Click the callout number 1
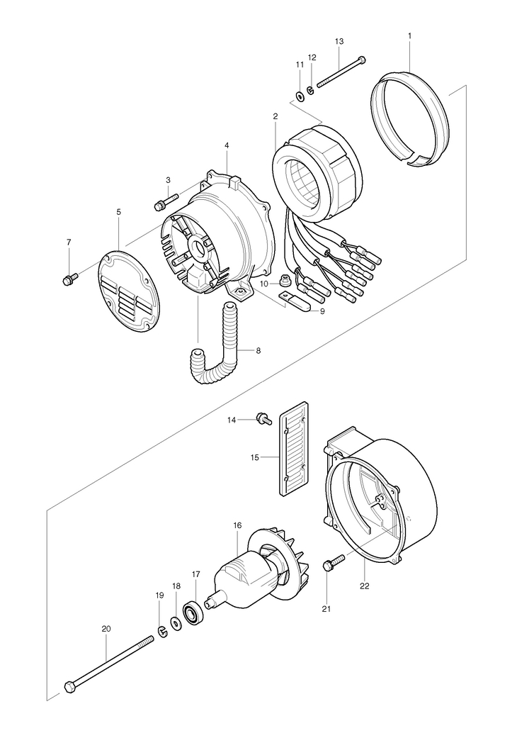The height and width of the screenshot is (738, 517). click(x=410, y=35)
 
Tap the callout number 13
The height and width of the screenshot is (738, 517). click(x=339, y=41)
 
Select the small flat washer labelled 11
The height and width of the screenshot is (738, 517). click(x=300, y=97)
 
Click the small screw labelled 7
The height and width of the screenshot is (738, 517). click(x=69, y=279)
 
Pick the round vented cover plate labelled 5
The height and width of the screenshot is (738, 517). click(x=129, y=287)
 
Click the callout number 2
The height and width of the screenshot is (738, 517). click(x=275, y=116)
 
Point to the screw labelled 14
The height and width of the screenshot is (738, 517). click(x=263, y=418)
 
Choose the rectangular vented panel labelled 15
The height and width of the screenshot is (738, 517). click(x=294, y=449)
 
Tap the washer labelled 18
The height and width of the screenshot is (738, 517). click(x=176, y=624)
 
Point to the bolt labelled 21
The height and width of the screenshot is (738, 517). click(x=334, y=563)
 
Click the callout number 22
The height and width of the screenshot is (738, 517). click(x=365, y=586)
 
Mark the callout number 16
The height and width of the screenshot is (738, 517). click(x=237, y=525)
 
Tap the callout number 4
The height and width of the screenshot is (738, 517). click(x=227, y=146)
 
